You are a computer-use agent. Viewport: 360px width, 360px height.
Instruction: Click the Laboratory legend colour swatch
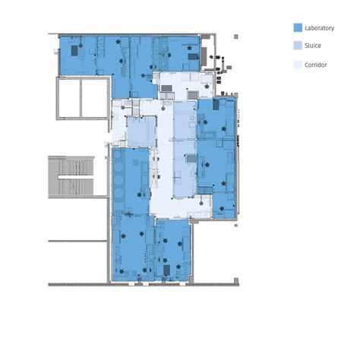point(297,27)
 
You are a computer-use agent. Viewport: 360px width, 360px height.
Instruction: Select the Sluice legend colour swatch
point(297,46)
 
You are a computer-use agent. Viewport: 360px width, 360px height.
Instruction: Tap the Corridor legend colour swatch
point(297,65)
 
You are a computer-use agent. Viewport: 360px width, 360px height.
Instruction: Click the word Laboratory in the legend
point(319,27)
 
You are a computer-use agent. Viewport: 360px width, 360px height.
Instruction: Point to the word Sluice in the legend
point(312,46)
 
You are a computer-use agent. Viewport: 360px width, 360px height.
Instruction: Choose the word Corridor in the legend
point(316,65)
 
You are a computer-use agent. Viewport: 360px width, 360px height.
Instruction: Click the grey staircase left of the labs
point(70,176)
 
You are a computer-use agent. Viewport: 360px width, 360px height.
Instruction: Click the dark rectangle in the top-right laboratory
point(193,55)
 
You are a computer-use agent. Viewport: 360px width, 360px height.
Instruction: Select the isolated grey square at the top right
point(235,36)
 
